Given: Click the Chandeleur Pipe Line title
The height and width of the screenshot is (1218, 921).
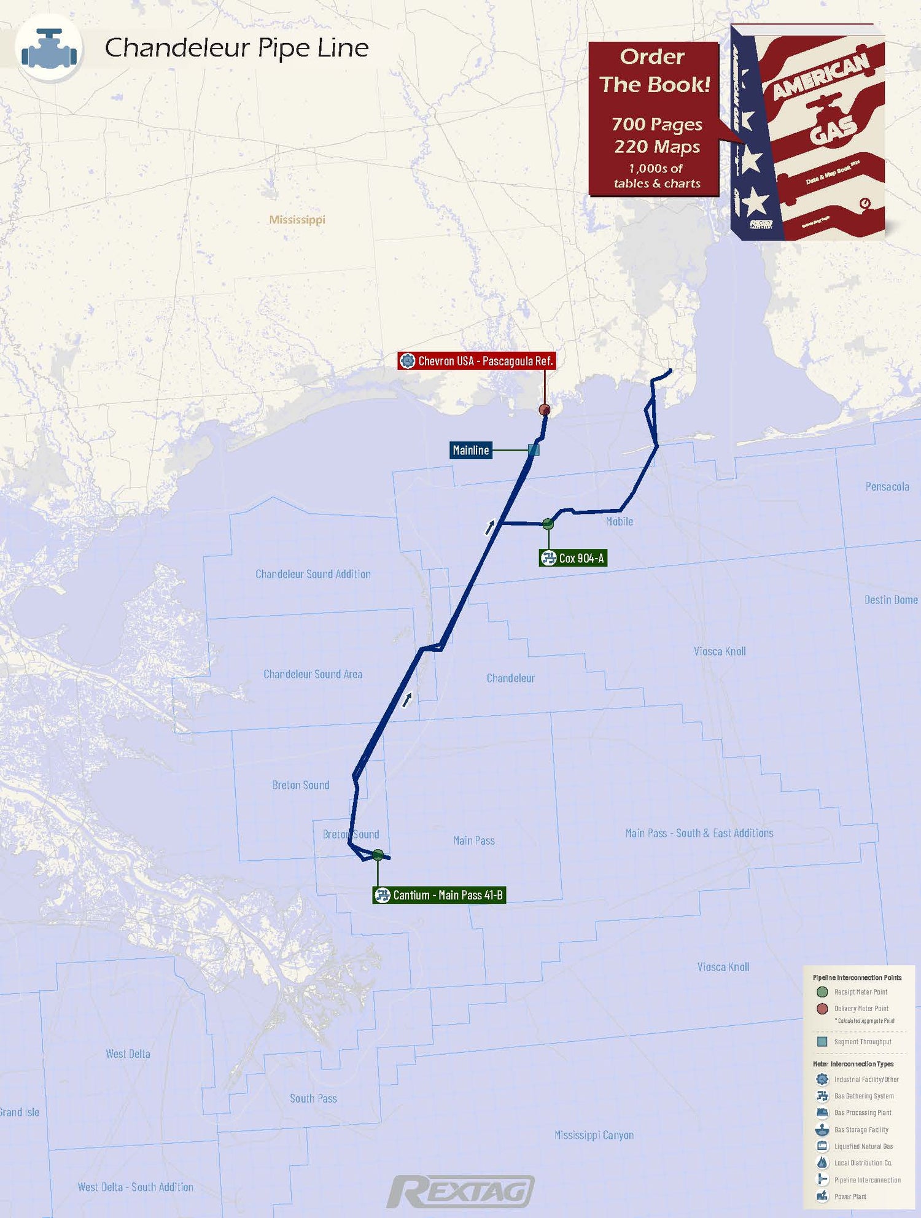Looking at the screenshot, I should click(236, 48).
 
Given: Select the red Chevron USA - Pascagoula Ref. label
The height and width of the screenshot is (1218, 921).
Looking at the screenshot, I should click(477, 361).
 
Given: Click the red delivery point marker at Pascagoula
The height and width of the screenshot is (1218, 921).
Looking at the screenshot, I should click(544, 409).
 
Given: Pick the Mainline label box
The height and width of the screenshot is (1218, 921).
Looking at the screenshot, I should click(471, 450).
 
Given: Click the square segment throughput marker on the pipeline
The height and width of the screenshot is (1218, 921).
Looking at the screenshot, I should click(534, 450).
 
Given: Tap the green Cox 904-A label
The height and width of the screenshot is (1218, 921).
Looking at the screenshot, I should click(573, 558).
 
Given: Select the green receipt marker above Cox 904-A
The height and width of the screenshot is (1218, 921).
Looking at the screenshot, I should click(548, 524).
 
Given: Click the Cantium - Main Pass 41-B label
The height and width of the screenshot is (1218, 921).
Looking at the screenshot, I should click(440, 895).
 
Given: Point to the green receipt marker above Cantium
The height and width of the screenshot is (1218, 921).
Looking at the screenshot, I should click(378, 855).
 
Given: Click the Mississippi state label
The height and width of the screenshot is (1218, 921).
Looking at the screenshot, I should click(297, 220).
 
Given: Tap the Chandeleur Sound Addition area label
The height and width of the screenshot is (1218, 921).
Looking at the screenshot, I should click(313, 574).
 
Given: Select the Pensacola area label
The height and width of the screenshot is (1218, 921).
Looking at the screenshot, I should click(887, 487).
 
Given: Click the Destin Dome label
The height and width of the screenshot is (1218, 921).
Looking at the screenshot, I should click(891, 600).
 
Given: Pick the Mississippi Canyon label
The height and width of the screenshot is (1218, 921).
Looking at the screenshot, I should click(594, 1135).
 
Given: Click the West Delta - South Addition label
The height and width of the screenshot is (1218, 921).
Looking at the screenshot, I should click(135, 1187).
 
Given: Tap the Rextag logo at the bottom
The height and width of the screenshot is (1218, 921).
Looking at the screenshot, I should click(460, 1192).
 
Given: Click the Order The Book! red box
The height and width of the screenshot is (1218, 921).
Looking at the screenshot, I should click(654, 118).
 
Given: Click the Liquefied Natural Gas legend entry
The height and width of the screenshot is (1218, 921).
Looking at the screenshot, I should click(863, 1146).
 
